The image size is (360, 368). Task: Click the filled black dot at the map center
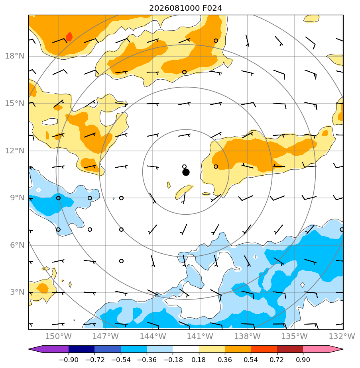186,172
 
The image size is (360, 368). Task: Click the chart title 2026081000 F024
185,8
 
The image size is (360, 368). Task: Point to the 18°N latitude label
15,56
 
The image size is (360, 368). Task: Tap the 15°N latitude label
15,103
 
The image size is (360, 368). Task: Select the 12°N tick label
15,151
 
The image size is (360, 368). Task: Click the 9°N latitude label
17,198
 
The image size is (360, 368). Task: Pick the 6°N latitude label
17,245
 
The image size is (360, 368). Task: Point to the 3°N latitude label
17,292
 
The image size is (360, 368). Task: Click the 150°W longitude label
58,336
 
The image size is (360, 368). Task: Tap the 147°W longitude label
106,336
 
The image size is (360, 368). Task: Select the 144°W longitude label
153,336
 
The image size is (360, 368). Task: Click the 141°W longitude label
200,336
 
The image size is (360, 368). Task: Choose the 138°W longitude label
248,336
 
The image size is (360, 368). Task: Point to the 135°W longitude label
295,336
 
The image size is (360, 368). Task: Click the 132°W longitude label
342,336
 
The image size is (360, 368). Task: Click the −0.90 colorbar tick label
69,360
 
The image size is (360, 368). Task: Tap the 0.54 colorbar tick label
251,360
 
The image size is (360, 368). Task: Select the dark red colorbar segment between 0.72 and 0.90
290,349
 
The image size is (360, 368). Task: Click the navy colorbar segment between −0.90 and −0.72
82,349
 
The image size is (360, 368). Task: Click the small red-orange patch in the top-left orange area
69,37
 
